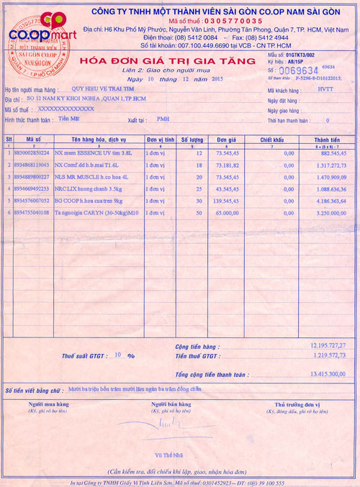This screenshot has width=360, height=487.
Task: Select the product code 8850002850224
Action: pos(32,154)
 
